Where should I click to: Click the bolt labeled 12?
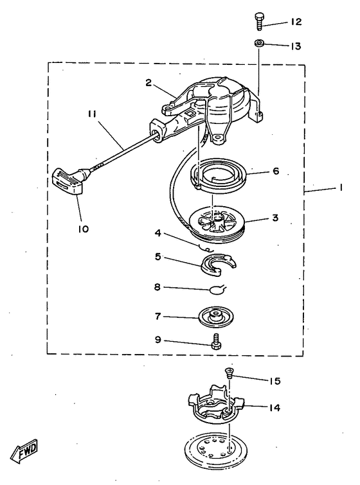[x=260, y=21]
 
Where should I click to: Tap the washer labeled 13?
[x=260, y=43]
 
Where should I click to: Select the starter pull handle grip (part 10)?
[x=68, y=181]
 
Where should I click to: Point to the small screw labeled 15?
[x=229, y=373]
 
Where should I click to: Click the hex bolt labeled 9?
[x=216, y=341]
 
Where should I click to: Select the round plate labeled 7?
[x=216, y=317]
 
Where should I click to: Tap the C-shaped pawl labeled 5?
[x=218, y=265]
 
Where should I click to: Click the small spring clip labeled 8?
[x=217, y=290]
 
